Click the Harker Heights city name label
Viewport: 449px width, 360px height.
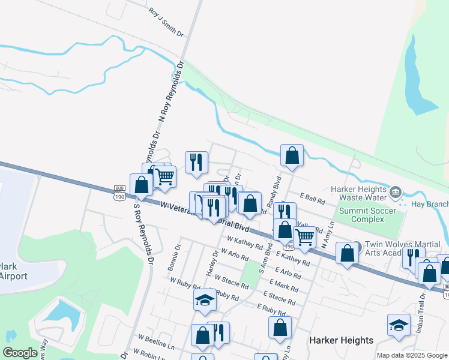point(341,340)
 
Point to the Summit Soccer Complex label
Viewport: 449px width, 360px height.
point(367,214)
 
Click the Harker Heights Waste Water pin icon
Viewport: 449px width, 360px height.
point(395,193)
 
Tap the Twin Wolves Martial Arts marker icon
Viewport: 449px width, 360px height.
point(357,246)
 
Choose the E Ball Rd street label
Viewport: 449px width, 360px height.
point(312,197)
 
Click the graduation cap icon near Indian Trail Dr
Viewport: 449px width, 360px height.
point(399,325)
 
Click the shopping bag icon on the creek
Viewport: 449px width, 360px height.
point(292,155)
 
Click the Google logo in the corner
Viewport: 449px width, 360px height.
point(20,353)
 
